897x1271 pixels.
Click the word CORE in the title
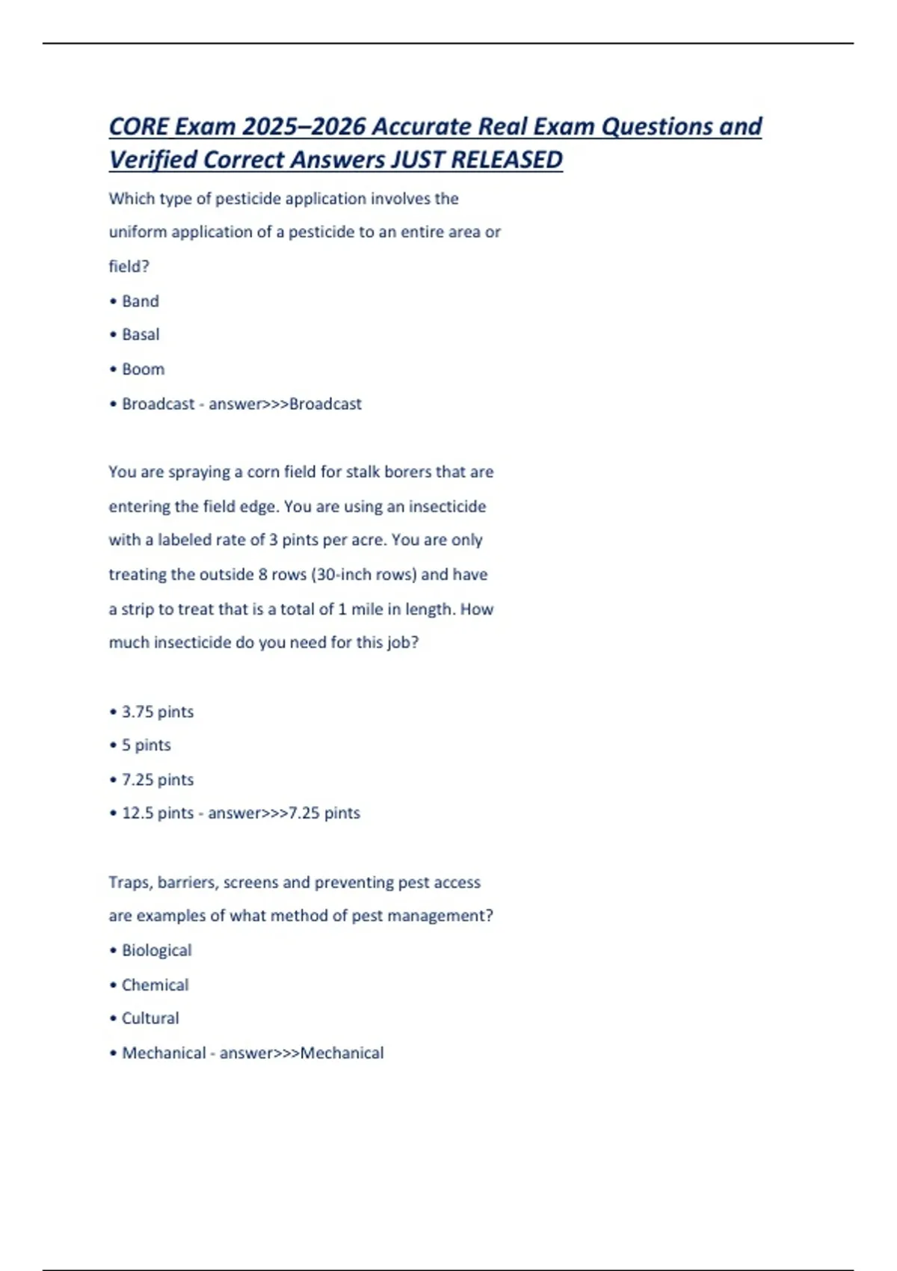[139, 126]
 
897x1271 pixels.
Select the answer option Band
[141, 301]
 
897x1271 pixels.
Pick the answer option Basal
[141, 334]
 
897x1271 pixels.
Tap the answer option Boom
[143, 369]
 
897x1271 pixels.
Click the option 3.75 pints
[158, 712]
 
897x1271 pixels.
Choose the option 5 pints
[147, 745]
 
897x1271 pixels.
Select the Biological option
[157, 950]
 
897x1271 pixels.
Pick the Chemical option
[155, 985]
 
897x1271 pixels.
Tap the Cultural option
[150, 1018]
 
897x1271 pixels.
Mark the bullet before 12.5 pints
[113, 813]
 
